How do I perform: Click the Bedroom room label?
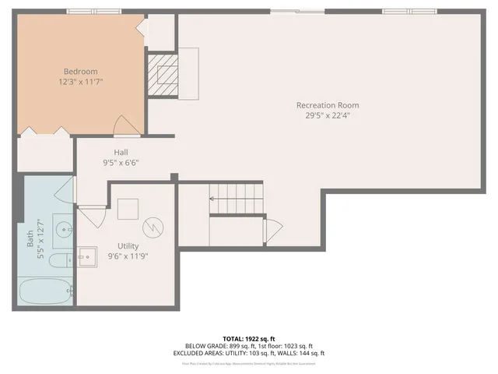pos(80,72)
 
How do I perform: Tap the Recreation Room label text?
pos(328,105)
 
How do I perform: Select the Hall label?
pos(121,153)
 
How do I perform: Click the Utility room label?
pos(128,245)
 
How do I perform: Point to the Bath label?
pos(31,248)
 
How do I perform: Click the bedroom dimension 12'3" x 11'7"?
pos(80,81)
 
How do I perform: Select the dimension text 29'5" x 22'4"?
pos(328,115)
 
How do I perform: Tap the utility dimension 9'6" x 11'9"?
pos(128,256)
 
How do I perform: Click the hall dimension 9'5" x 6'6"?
pos(121,163)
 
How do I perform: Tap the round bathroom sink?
pos(62,228)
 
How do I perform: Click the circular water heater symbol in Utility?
pos(155,227)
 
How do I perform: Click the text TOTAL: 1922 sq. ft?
pos(248,339)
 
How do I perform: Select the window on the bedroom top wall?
pos(94,11)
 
